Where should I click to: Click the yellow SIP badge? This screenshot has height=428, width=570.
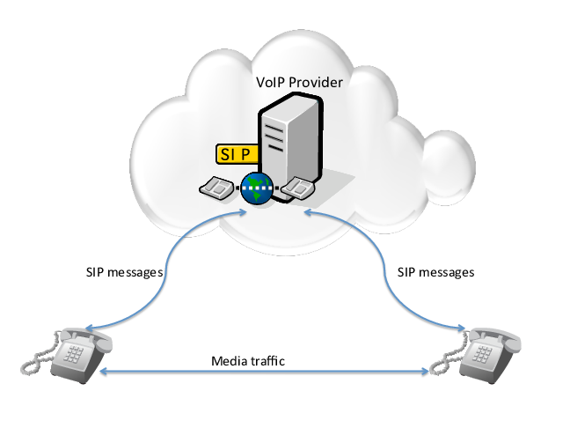point(236,153)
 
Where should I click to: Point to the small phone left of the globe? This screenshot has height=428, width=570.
point(216,188)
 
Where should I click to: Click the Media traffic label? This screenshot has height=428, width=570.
point(249,361)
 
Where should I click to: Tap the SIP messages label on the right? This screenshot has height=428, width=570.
point(436,272)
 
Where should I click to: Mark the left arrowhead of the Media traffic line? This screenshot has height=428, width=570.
point(103,374)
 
